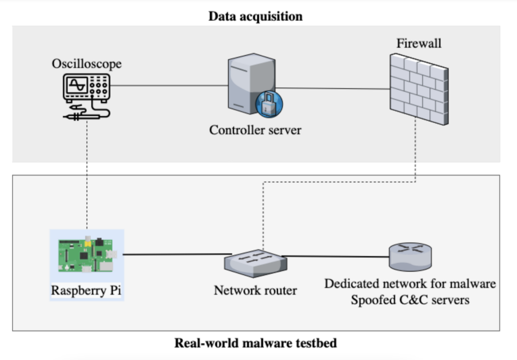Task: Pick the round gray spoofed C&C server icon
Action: [409, 256]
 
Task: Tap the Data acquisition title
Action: [255, 16]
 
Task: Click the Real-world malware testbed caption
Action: [255, 343]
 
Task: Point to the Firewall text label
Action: [419, 43]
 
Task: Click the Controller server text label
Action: [255, 130]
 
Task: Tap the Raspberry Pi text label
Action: [86, 291]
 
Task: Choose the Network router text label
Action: [255, 291]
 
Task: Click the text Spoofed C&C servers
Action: [410, 299]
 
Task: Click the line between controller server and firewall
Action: [333, 88]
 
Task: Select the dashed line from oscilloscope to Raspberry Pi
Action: [87, 172]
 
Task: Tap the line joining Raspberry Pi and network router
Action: [172, 254]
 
